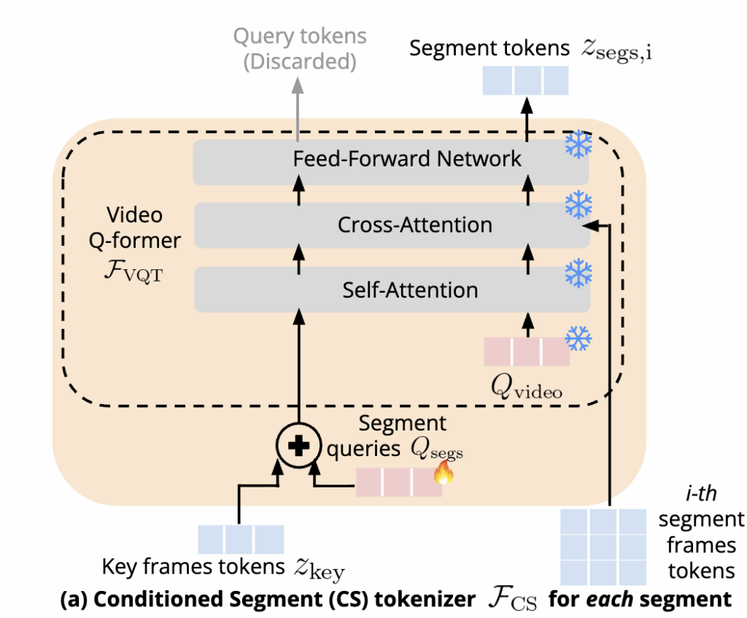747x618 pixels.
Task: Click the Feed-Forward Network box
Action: pyautogui.click(x=390, y=160)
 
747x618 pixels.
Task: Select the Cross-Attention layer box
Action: pyautogui.click(x=390, y=225)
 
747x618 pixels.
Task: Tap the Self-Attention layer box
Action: pyautogui.click(x=390, y=290)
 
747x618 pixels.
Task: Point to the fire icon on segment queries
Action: pyautogui.click(x=443, y=475)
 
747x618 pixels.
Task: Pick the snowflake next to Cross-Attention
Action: pyautogui.click(x=579, y=205)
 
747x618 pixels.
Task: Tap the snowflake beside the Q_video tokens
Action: pyautogui.click(x=579, y=337)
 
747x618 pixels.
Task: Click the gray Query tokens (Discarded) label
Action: pyautogui.click(x=301, y=48)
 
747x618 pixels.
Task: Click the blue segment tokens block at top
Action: pyautogui.click(x=526, y=80)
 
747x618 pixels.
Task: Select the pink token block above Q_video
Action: pyautogui.click(x=527, y=351)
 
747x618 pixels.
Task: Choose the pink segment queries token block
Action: pyautogui.click(x=398, y=482)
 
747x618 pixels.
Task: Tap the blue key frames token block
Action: pyautogui.click(x=241, y=539)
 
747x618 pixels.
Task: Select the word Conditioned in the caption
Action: pyautogui.click(x=147, y=600)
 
